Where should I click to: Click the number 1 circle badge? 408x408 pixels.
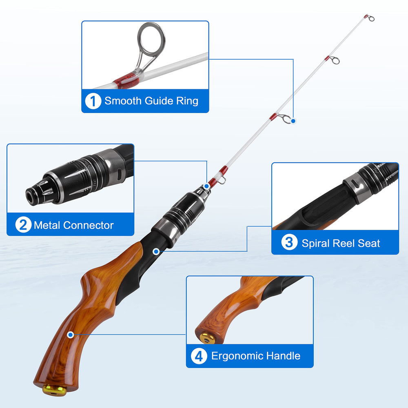pyautogui.click(x=93, y=101)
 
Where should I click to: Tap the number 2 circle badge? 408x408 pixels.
pyautogui.click(x=23, y=225)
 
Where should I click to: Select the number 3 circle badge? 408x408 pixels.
pyautogui.click(x=289, y=243)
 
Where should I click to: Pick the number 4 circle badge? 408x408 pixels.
pyautogui.click(x=199, y=356)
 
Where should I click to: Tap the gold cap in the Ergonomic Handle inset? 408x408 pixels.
pyautogui.click(x=208, y=338)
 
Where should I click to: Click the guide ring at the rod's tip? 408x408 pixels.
pyautogui.click(x=370, y=18)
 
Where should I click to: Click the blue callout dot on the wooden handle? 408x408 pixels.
pyautogui.click(x=71, y=335)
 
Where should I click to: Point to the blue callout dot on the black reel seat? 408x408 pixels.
pyautogui.click(x=155, y=251)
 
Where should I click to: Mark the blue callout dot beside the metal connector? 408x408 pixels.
pyautogui.click(x=207, y=186)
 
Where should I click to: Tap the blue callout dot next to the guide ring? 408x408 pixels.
pyautogui.click(x=293, y=120)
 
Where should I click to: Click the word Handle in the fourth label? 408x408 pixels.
pyautogui.click(x=283, y=356)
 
